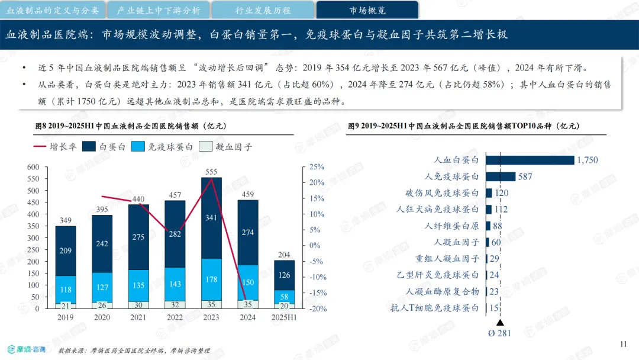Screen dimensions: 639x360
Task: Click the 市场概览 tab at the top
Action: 367,10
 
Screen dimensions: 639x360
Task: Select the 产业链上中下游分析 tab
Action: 158,10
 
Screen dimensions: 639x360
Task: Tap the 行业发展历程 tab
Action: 263,10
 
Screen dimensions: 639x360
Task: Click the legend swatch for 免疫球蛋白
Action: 138,146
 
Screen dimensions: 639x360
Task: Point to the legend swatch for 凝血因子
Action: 205,146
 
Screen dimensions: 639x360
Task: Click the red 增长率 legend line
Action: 40,146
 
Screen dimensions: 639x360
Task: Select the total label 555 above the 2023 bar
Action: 211,172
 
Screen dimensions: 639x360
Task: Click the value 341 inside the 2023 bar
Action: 211,218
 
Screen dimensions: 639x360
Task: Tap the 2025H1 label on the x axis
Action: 284,317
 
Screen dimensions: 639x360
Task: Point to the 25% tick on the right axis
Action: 317,167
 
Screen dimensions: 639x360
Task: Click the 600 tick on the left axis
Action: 33,167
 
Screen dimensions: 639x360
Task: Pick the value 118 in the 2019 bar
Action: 66,290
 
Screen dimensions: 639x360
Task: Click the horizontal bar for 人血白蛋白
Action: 530,160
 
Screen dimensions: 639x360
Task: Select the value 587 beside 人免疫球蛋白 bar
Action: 525,176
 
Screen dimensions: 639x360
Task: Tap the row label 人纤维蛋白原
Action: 451,226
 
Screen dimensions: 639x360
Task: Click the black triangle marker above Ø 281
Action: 500,323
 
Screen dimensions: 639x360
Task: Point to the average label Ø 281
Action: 499,333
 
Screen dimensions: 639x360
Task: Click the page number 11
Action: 623,344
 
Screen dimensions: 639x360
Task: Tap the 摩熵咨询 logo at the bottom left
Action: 27,349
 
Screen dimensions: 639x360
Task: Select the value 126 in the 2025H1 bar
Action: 284,275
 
